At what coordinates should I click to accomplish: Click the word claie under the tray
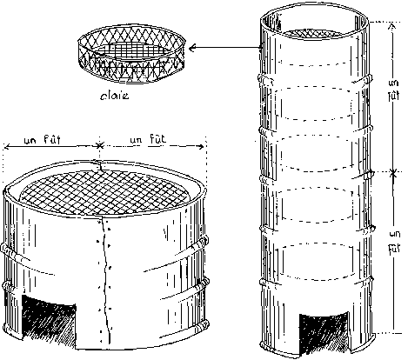pyautogui.click(x=114, y=96)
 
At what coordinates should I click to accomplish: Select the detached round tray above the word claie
pyautogui.click(x=131, y=54)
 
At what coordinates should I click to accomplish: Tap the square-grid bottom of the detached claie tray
pyautogui.click(x=132, y=50)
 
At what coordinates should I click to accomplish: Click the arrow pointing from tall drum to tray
pyautogui.click(x=225, y=48)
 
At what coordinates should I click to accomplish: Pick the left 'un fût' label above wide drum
pyautogui.click(x=43, y=140)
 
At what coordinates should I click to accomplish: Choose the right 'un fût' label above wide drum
pyautogui.click(x=148, y=139)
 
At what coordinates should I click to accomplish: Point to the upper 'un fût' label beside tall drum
pyautogui.click(x=393, y=90)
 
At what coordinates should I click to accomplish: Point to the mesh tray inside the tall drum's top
pyautogui.click(x=312, y=33)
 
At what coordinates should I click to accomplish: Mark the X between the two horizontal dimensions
pyautogui.click(x=100, y=145)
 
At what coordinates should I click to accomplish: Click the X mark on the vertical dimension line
pyautogui.click(x=393, y=173)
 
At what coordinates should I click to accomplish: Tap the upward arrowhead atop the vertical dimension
pyautogui.click(x=391, y=26)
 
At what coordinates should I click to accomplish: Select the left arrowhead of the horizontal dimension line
pyautogui.click(x=6, y=147)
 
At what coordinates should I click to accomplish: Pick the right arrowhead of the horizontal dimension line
pyautogui.click(x=201, y=146)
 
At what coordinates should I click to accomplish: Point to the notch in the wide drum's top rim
pyautogui.click(x=99, y=165)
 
